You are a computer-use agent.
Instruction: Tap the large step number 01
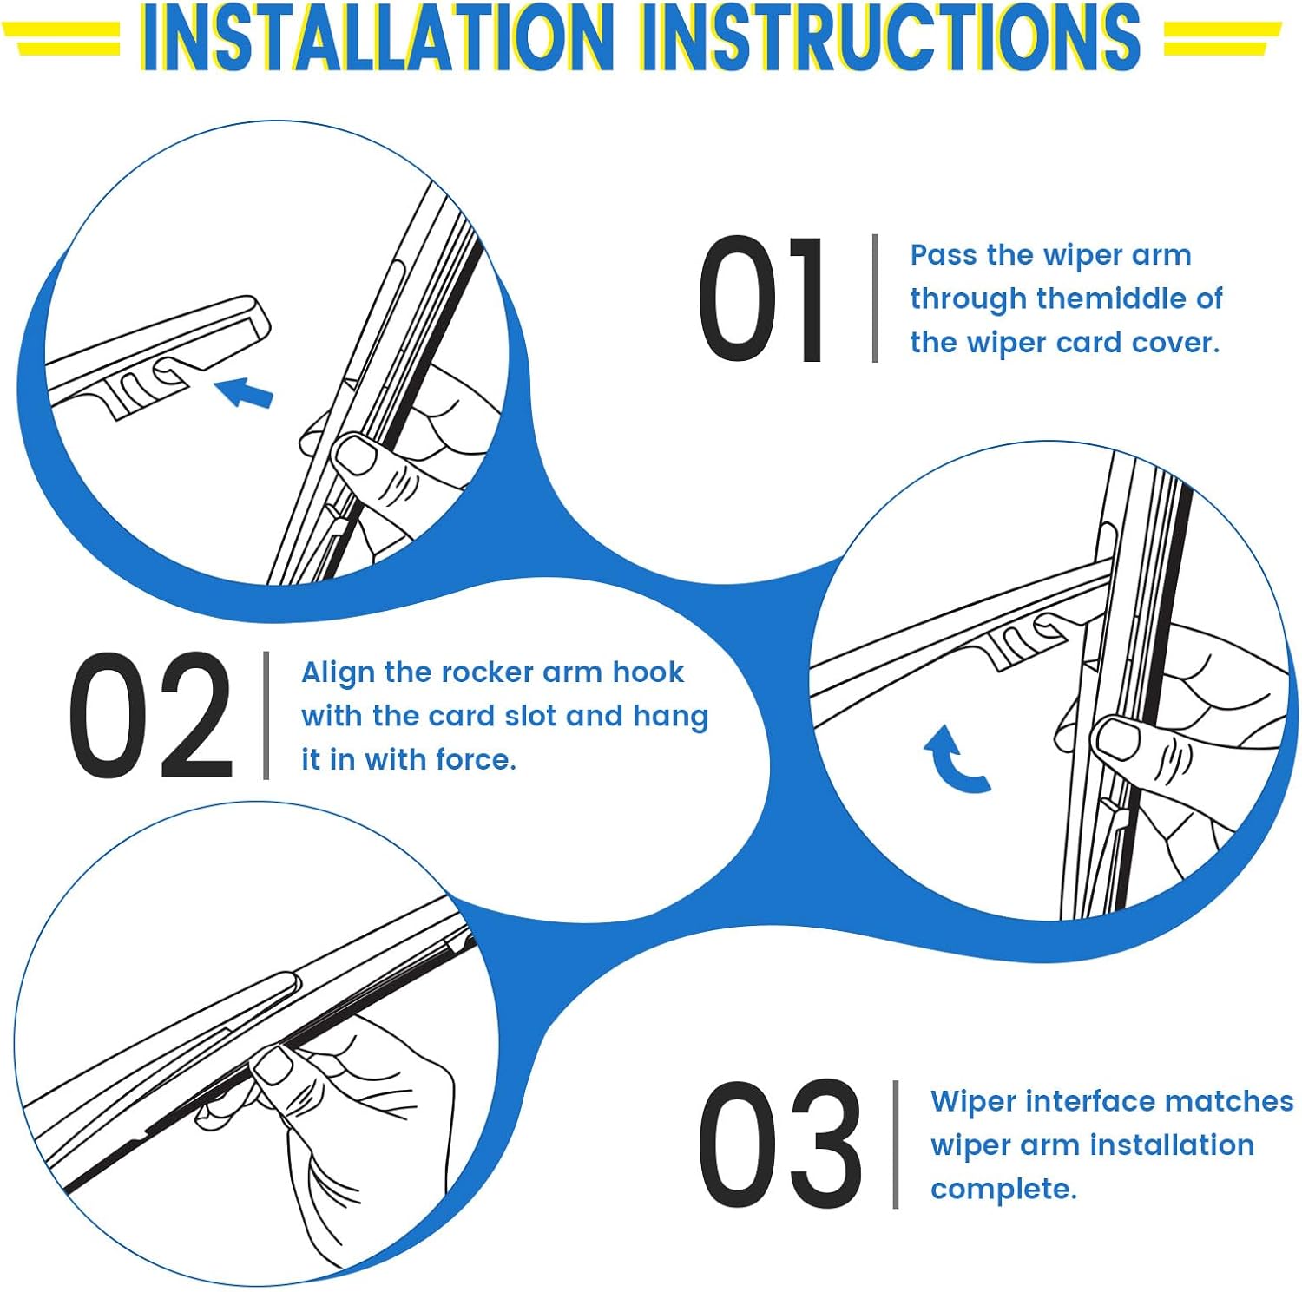[761, 298]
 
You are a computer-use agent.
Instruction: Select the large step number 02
[151, 715]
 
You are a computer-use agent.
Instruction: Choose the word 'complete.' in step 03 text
[1003, 1190]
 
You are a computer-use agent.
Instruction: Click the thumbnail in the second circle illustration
[1119, 739]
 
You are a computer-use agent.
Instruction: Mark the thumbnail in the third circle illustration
[273, 1065]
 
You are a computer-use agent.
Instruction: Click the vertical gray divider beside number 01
[875, 298]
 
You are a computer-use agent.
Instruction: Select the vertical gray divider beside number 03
[896, 1144]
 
